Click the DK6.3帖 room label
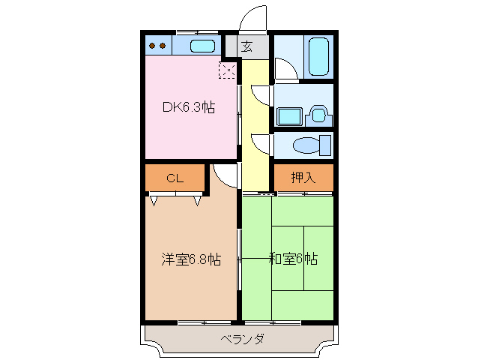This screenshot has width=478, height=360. point(189,107)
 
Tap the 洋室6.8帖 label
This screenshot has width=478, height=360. point(191,259)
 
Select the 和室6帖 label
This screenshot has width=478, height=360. point(293,259)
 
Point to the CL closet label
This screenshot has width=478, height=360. point(175,178)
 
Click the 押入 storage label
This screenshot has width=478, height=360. point(303,178)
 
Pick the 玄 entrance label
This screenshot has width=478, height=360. point(246,46)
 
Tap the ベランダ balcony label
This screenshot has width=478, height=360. point(242,339)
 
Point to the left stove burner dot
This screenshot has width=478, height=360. point(153,46)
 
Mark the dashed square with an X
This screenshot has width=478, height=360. point(227,70)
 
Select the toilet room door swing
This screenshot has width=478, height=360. point(259,142)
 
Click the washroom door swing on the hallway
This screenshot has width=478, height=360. point(259,94)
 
